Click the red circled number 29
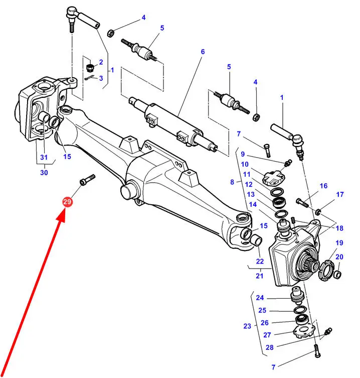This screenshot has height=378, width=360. click(67, 201)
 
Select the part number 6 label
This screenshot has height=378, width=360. click(203, 52)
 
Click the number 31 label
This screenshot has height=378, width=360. click(44, 157)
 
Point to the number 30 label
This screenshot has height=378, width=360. click(44, 173)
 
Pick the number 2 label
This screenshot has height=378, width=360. click(101, 62)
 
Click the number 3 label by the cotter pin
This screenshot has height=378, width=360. click(101, 78)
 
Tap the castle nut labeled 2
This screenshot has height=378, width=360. click(90, 67)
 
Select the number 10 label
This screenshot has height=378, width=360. click(245, 164)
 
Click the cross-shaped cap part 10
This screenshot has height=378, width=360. click(273, 177)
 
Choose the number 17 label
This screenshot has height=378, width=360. click(340, 194)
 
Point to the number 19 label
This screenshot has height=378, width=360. click(339, 243)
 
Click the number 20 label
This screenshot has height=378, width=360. click(339, 257)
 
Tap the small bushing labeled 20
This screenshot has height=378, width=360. click(337, 275)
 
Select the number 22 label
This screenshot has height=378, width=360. click(260, 262)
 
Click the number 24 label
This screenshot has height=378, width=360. click(260, 298)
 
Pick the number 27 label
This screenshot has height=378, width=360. click(267, 335)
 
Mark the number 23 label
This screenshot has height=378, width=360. click(247, 326)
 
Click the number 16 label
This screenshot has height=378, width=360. click(323, 186)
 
